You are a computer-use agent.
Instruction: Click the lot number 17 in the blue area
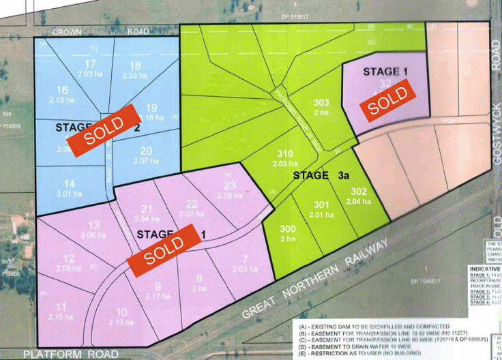[x=91, y=64]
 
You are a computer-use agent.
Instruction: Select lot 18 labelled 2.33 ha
[x=135, y=65]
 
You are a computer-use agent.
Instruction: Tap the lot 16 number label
[x=62, y=90]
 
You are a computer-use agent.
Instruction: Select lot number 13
[x=94, y=226]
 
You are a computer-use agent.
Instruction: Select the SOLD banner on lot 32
[x=387, y=100]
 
